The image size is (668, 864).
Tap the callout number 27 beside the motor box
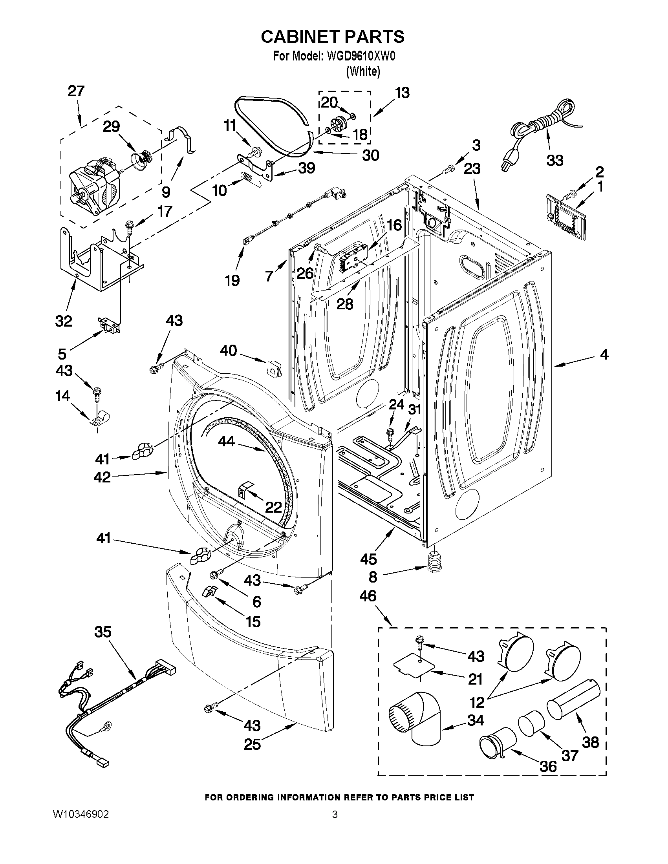76,91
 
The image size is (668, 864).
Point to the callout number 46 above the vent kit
368,596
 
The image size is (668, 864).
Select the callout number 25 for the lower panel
252,745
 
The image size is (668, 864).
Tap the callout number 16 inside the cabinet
394,225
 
